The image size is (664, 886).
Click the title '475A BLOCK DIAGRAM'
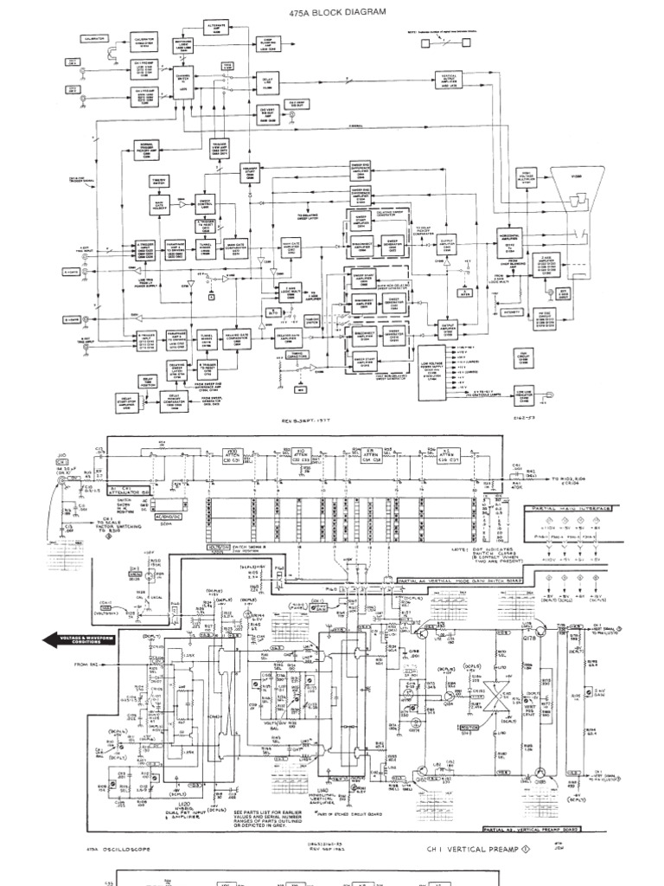[x=332, y=11]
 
